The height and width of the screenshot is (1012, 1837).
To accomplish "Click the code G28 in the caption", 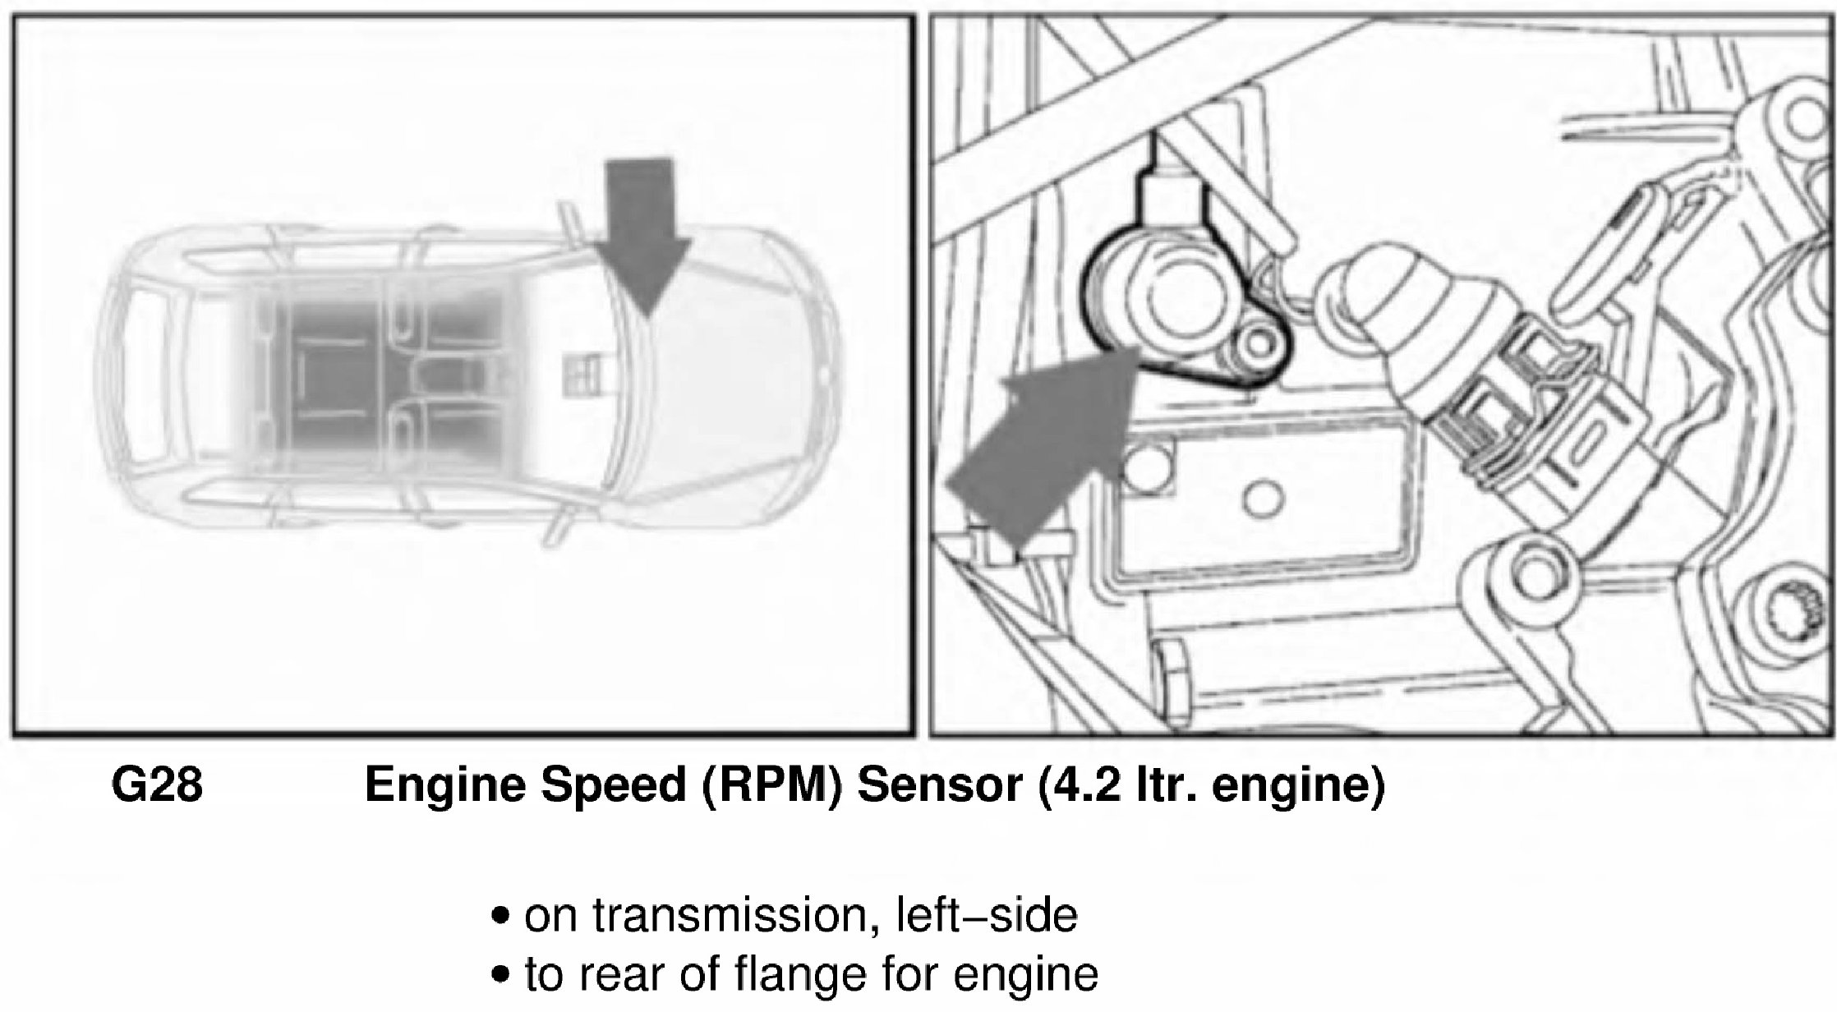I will click(156, 786).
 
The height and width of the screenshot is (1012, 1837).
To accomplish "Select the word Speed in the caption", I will click(613, 786).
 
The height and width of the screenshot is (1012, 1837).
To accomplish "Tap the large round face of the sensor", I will click(1184, 299).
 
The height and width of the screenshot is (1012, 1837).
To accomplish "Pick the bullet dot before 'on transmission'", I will click(497, 917).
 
